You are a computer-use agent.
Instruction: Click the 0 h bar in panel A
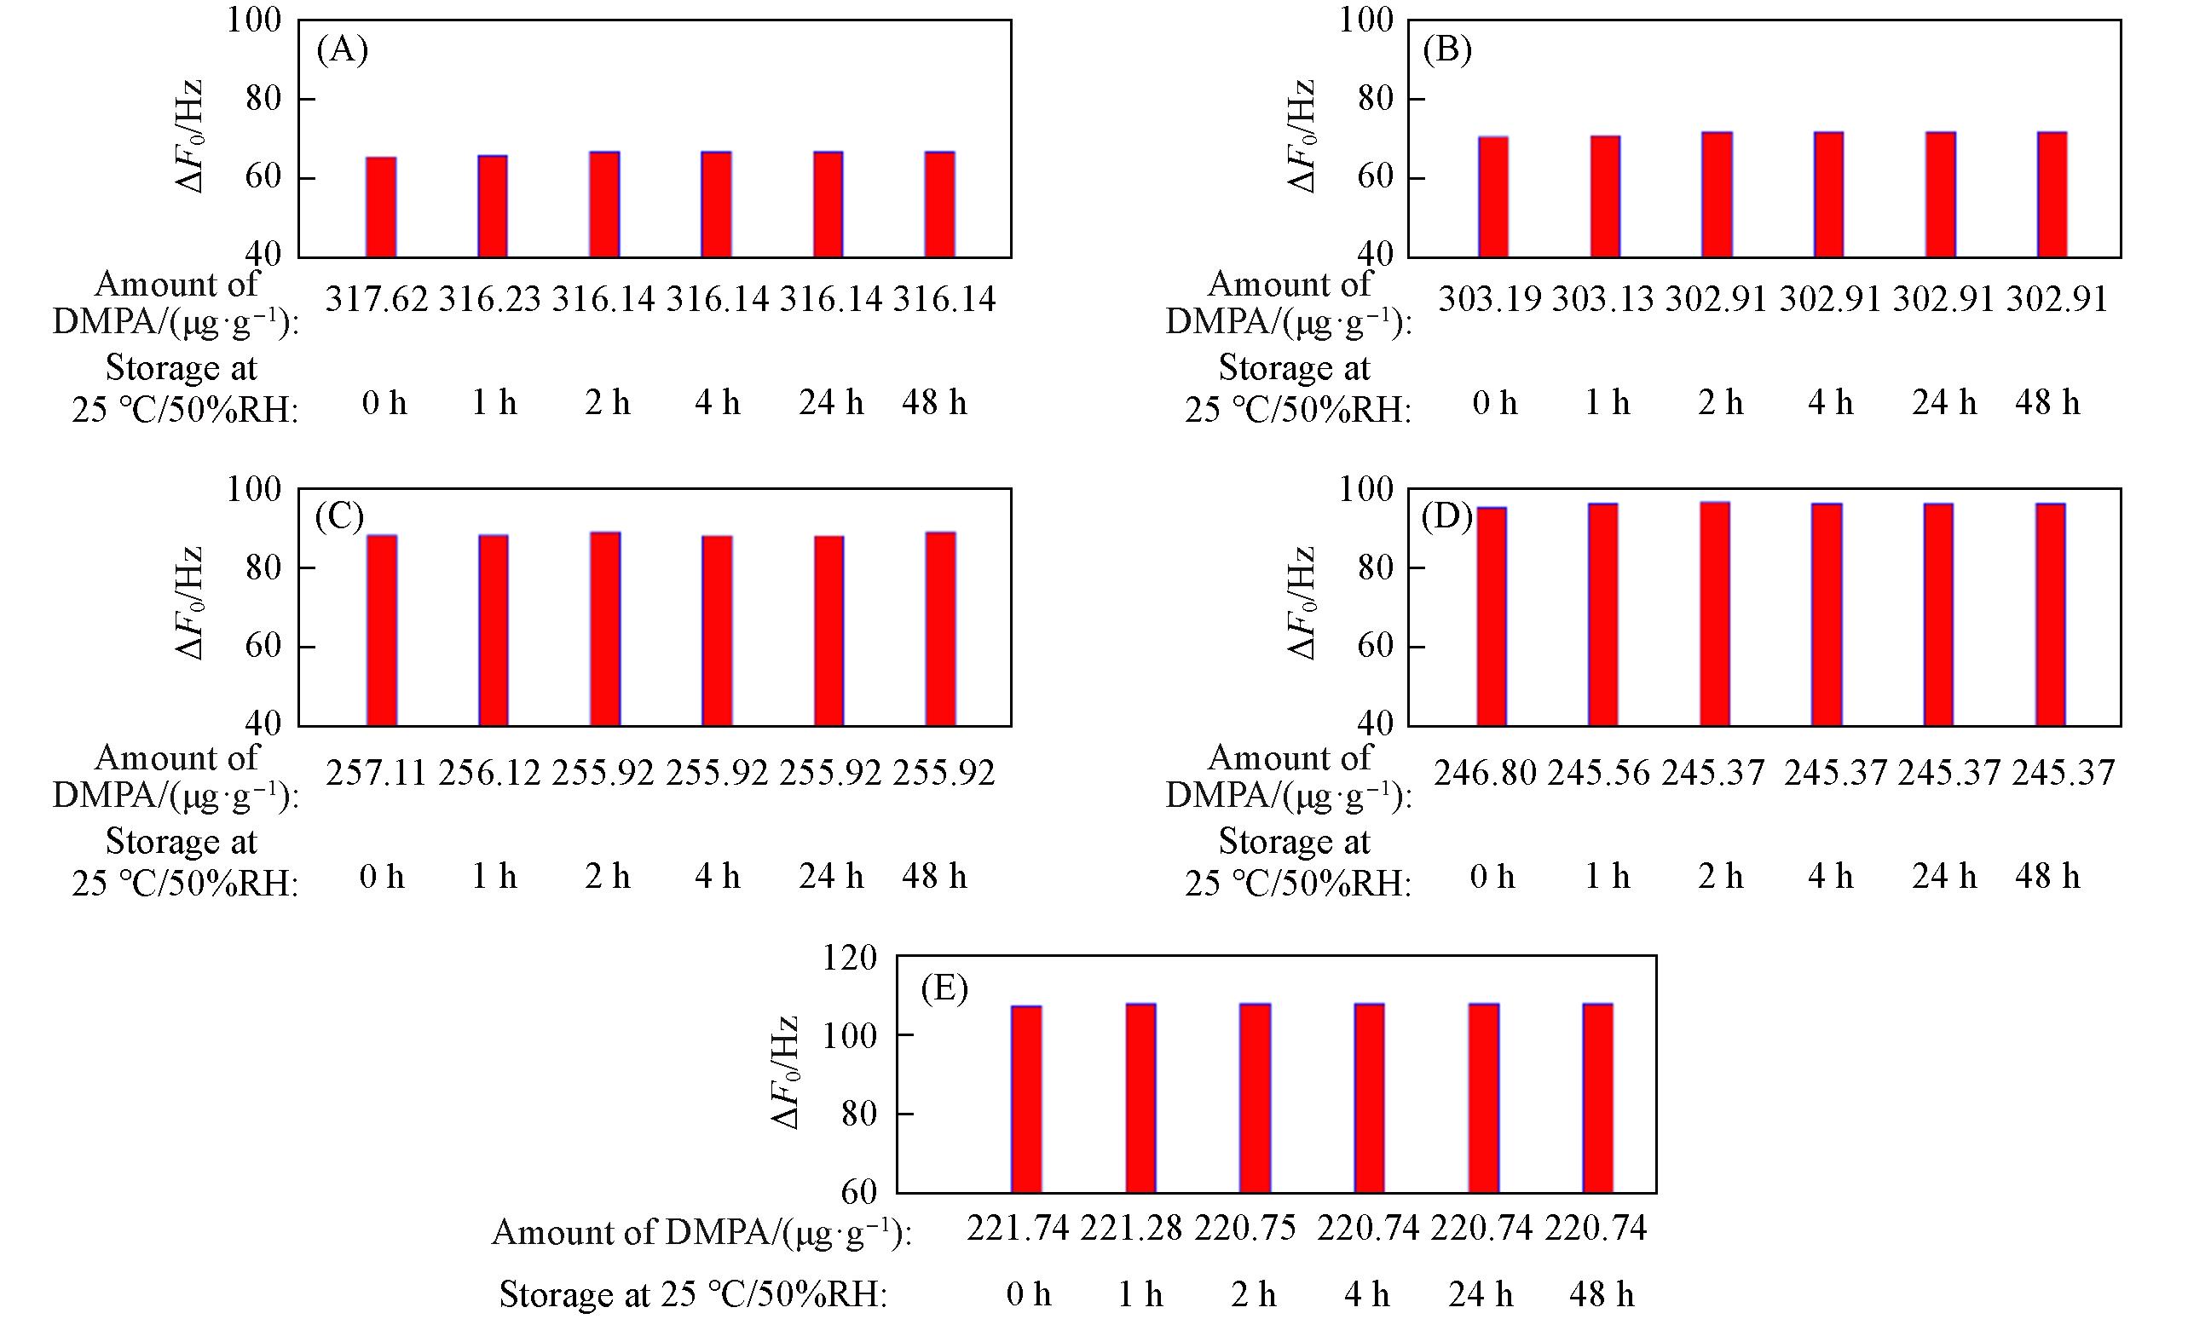pyautogui.click(x=381, y=208)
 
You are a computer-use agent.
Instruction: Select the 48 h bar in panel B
pyautogui.click(x=2052, y=195)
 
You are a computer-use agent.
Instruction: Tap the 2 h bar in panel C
pyautogui.click(x=606, y=630)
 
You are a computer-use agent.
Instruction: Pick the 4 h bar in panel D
pyautogui.click(x=1827, y=615)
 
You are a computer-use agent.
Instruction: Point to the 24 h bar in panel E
pyautogui.click(x=1484, y=1098)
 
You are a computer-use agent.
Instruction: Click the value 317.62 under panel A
pyautogui.click(x=377, y=300)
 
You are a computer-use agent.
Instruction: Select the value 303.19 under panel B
pyautogui.click(x=1490, y=300)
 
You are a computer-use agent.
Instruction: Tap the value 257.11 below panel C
pyautogui.click(x=377, y=774)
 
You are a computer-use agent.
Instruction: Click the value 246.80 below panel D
pyautogui.click(x=1485, y=773)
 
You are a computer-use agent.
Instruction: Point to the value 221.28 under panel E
pyautogui.click(x=1131, y=1230)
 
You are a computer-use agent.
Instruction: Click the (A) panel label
pyautogui.click(x=342, y=50)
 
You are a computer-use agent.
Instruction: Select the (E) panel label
pyautogui.click(x=944, y=988)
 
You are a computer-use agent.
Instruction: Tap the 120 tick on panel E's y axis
pyautogui.click(x=850, y=958)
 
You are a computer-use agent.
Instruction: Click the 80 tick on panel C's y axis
pyautogui.click(x=263, y=567)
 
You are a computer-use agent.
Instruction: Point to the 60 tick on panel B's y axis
pyautogui.click(x=1376, y=177)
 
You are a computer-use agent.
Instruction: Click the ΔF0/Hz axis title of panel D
pyautogui.click(x=1301, y=603)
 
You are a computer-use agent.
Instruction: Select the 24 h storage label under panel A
pyautogui.click(x=830, y=404)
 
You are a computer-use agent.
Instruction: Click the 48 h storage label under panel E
pyautogui.click(x=1601, y=1296)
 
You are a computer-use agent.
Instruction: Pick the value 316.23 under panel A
pyautogui.click(x=489, y=300)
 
